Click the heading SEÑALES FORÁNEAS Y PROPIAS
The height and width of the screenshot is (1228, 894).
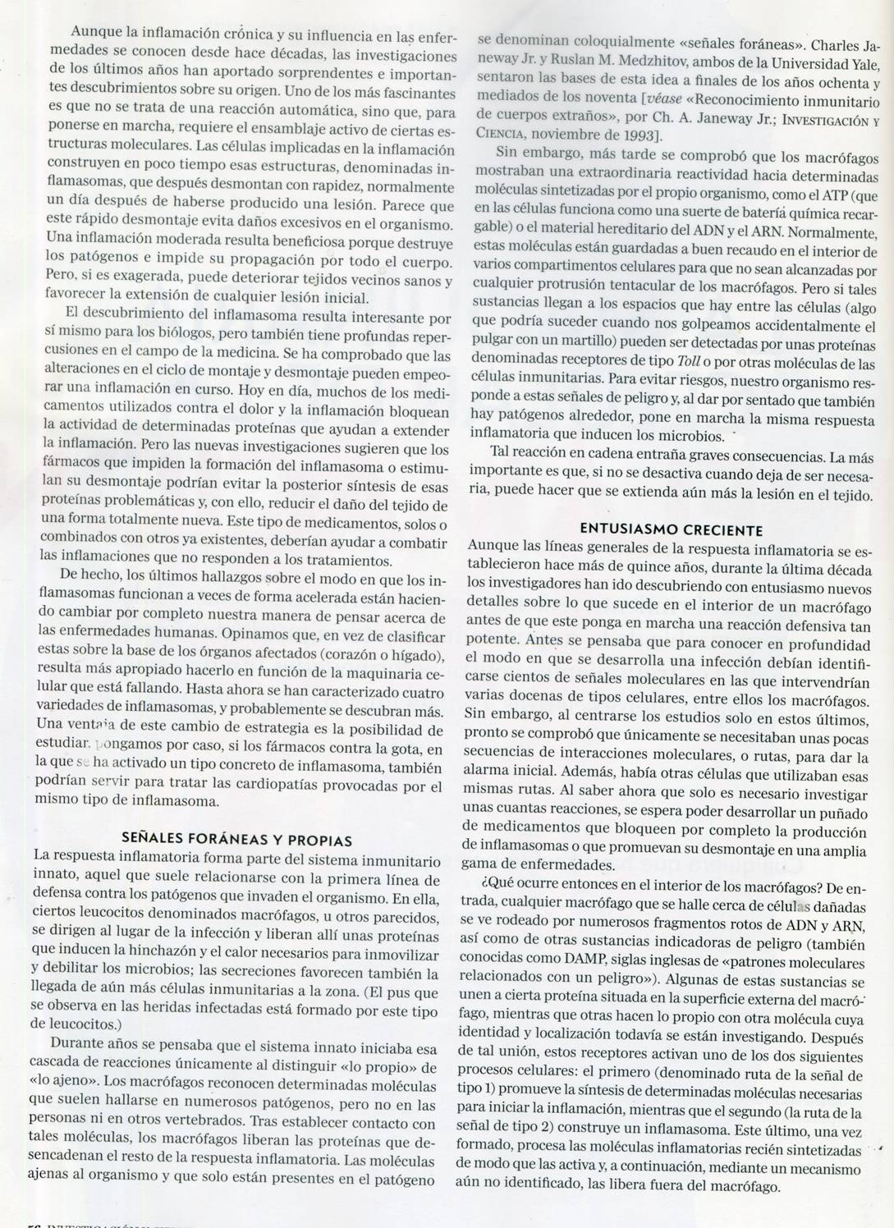click(x=236, y=841)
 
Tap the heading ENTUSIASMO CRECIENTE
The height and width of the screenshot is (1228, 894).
click(x=672, y=529)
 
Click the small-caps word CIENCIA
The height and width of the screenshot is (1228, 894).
click(x=507, y=135)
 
